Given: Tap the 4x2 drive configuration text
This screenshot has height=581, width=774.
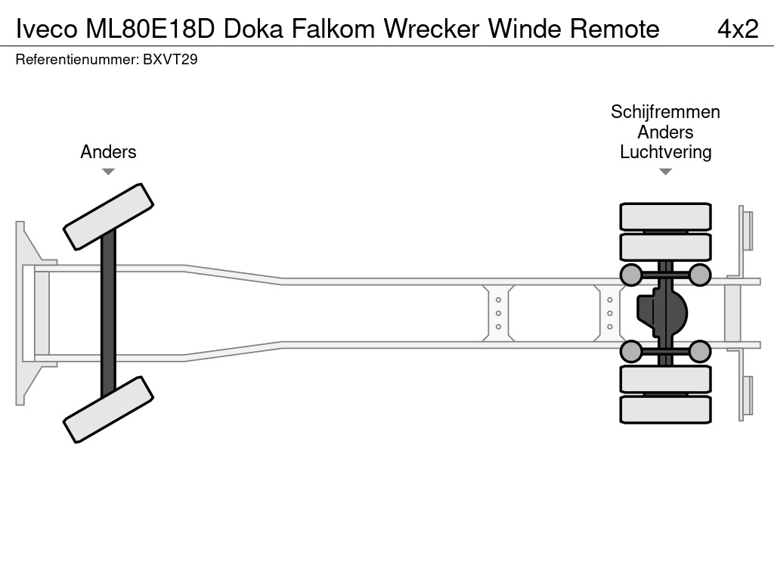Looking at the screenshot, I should [737, 29].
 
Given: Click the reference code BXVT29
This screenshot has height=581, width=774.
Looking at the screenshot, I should [170, 60].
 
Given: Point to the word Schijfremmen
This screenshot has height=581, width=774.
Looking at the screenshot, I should [665, 112].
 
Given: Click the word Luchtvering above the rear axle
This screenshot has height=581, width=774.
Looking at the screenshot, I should [665, 152].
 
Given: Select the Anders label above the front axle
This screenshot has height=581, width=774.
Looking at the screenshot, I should [108, 152].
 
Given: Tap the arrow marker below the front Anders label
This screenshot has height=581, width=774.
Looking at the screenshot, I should [108, 172].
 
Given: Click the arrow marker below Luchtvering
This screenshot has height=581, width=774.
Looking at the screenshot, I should [665, 172].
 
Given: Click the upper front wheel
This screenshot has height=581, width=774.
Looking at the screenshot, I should [108, 216].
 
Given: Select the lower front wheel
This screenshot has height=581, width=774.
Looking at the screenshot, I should [108, 409].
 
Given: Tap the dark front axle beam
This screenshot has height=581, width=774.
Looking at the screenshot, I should [108, 312].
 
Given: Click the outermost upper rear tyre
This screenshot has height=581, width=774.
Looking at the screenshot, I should [665, 216].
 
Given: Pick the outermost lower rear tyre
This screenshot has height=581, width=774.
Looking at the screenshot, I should [665, 409].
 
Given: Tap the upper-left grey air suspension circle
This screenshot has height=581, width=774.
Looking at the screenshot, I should [630, 275].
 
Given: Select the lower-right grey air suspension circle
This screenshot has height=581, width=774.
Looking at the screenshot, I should [700, 351].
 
